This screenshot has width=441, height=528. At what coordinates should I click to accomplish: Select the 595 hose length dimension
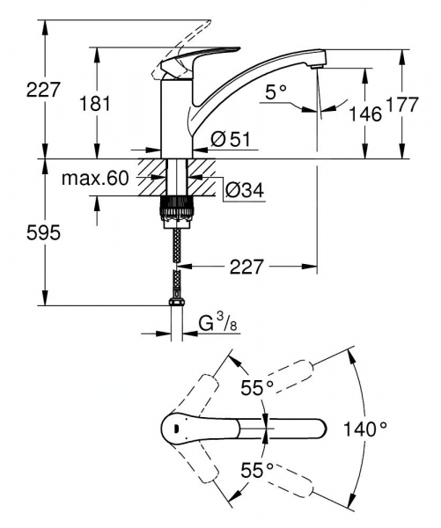coord(20,233)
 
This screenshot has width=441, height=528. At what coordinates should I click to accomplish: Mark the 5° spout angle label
coord(277,91)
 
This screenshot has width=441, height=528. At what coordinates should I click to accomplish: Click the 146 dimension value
coord(364,114)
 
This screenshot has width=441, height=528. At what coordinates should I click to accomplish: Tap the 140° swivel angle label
coord(364,429)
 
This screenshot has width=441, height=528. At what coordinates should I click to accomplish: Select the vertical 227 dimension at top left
coord(20,89)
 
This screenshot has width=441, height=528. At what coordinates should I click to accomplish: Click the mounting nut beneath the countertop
coord(177,210)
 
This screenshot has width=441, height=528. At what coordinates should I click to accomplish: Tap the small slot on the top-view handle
coord(177,429)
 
